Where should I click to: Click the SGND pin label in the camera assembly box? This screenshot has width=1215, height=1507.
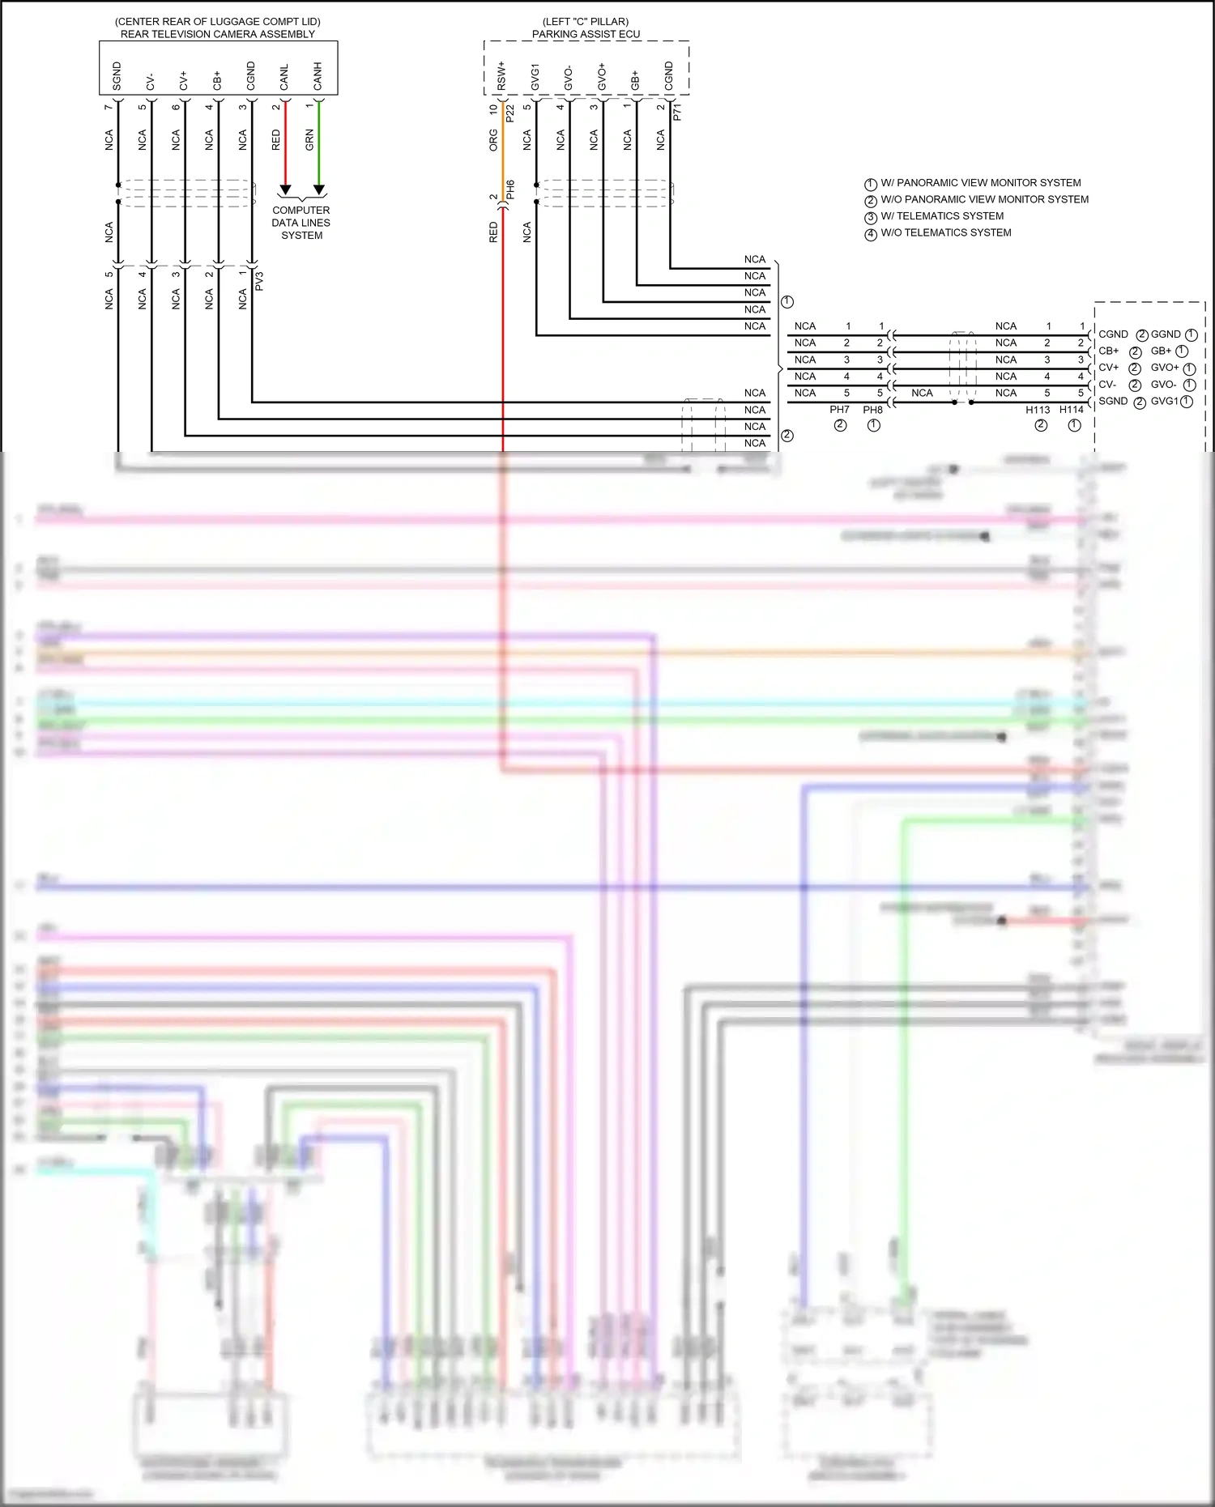[x=117, y=75]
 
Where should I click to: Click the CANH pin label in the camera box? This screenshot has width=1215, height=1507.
[x=318, y=75]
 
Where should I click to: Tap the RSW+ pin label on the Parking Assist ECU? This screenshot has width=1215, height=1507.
[x=501, y=75]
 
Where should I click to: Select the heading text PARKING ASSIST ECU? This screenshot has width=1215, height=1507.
[x=586, y=34]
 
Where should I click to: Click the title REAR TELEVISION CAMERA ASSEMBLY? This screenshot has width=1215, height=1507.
[x=218, y=34]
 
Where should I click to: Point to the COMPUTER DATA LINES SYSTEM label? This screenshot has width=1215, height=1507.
[x=301, y=223]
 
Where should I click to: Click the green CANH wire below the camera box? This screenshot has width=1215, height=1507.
[x=319, y=146]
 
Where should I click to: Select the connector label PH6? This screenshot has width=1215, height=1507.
[x=510, y=189]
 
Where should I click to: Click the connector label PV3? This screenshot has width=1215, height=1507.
[x=259, y=281]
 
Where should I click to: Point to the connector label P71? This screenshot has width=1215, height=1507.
[x=677, y=112]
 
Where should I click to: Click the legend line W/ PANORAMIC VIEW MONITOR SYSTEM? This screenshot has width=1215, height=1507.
[x=980, y=183]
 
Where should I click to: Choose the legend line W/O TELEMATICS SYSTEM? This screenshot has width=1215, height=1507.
[x=945, y=233]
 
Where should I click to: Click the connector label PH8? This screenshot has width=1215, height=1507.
[x=872, y=410]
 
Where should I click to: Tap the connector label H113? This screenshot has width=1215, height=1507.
[x=1038, y=410]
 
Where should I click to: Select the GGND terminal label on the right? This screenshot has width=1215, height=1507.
[x=1166, y=334]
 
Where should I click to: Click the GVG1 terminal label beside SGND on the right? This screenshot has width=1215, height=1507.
[x=1165, y=402]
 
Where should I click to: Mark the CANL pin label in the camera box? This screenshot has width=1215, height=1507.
[x=284, y=77]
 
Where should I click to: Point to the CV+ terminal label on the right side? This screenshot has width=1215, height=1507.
[x=1108, y=368]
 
